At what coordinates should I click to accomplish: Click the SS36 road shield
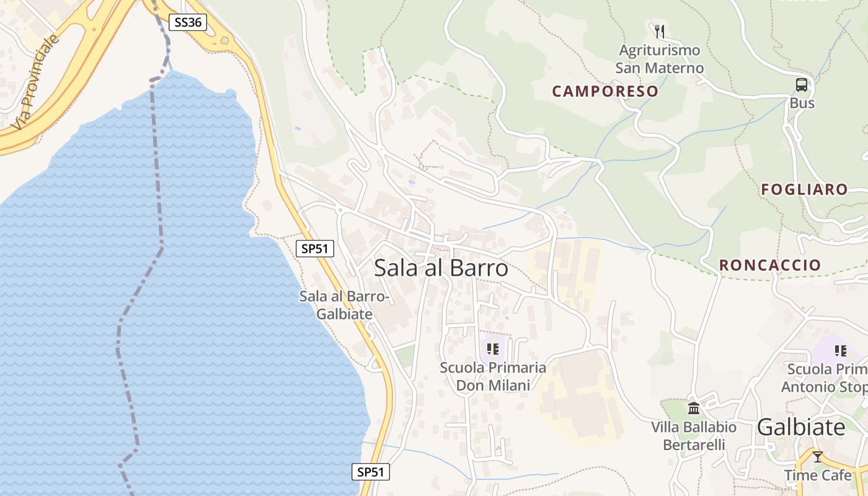[x=188, y=22]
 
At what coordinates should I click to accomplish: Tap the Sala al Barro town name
[x=441, y=268]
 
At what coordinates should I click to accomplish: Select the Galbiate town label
[x=801, y=427]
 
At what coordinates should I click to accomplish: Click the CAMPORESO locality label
[x=605, y=91]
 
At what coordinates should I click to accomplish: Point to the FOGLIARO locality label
[x=804, y=189]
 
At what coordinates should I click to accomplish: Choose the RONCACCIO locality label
[x=770, y=265]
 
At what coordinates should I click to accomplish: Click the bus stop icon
[x=802, y=85]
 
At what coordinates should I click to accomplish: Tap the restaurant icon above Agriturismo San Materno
[x=660, y=30]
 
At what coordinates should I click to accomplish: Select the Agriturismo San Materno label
[x=660, y=59]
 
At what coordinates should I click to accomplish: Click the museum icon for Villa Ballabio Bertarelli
[x=694, y=409]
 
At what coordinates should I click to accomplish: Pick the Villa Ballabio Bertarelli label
[x=694, y=436]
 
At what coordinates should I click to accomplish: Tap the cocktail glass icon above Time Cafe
[x=818, y=457]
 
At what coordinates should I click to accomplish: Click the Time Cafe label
[x=818, y=476]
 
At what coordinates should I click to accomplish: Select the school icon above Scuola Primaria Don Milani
[x=493, y=349]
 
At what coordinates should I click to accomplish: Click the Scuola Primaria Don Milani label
[x=493, y=376]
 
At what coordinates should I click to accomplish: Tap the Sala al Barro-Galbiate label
[x=345, y=305]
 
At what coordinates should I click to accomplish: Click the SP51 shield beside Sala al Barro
[x=315, y=249]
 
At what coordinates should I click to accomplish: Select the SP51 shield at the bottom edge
[x=371, y=472]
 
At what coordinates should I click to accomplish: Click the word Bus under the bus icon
[x=802, y=103]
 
